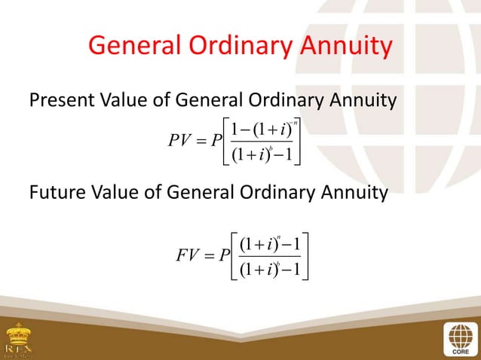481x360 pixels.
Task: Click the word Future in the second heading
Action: (x=57, y=194)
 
